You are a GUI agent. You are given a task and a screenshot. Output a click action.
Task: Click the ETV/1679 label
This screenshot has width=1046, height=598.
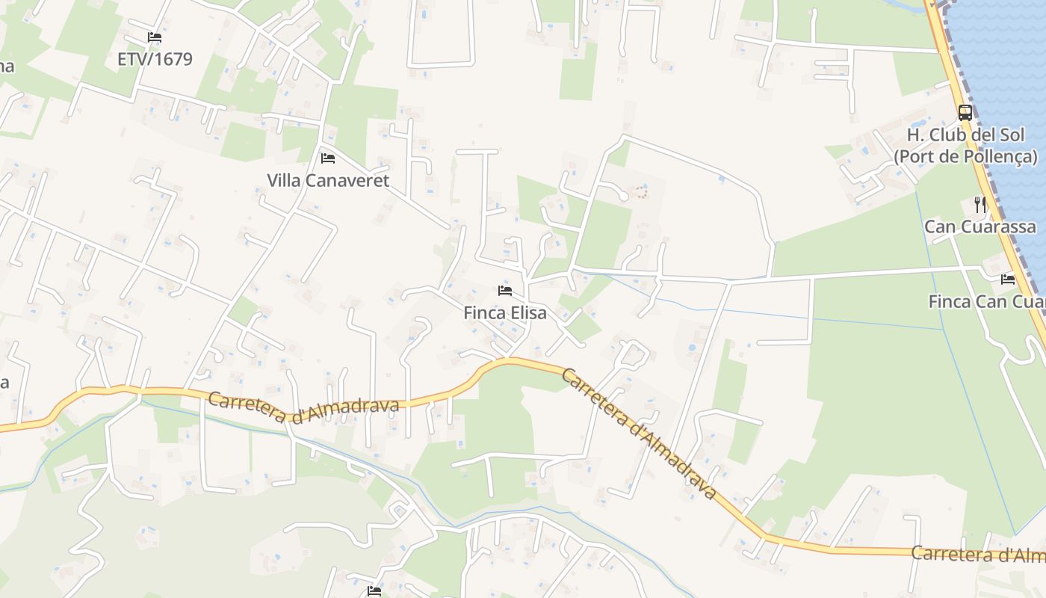click(155, 59)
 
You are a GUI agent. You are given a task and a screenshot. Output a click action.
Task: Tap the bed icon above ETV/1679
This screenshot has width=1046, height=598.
click(155, 37)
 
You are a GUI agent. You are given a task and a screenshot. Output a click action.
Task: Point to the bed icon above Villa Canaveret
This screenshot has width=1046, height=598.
click(328, 158)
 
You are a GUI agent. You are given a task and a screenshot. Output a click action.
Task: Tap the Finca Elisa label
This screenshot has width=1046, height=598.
click(505, 312)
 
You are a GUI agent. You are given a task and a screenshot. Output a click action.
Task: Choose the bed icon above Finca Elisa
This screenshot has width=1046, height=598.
click(505, 290)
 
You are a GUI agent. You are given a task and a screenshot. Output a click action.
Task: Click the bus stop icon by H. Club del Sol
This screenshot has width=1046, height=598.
click(965, 113)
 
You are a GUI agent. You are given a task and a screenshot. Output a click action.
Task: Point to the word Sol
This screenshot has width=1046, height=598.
click(1023, 135)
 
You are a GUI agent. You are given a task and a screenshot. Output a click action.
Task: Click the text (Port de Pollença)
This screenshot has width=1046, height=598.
click(966, 156)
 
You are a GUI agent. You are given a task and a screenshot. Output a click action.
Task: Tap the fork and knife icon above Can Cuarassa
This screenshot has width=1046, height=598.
click(980, 204)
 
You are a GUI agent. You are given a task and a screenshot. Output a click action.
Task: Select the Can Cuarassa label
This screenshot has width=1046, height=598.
click(980, 226)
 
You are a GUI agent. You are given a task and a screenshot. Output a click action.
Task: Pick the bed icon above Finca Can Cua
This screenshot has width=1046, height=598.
click(1008, 280)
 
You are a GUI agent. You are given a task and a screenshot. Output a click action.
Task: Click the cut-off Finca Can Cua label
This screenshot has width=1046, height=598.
click(986, 301)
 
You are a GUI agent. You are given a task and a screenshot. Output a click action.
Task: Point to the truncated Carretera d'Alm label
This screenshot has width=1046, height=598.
click(977, 555)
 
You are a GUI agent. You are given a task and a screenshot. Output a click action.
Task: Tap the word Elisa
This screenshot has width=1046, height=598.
click(526, 312)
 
